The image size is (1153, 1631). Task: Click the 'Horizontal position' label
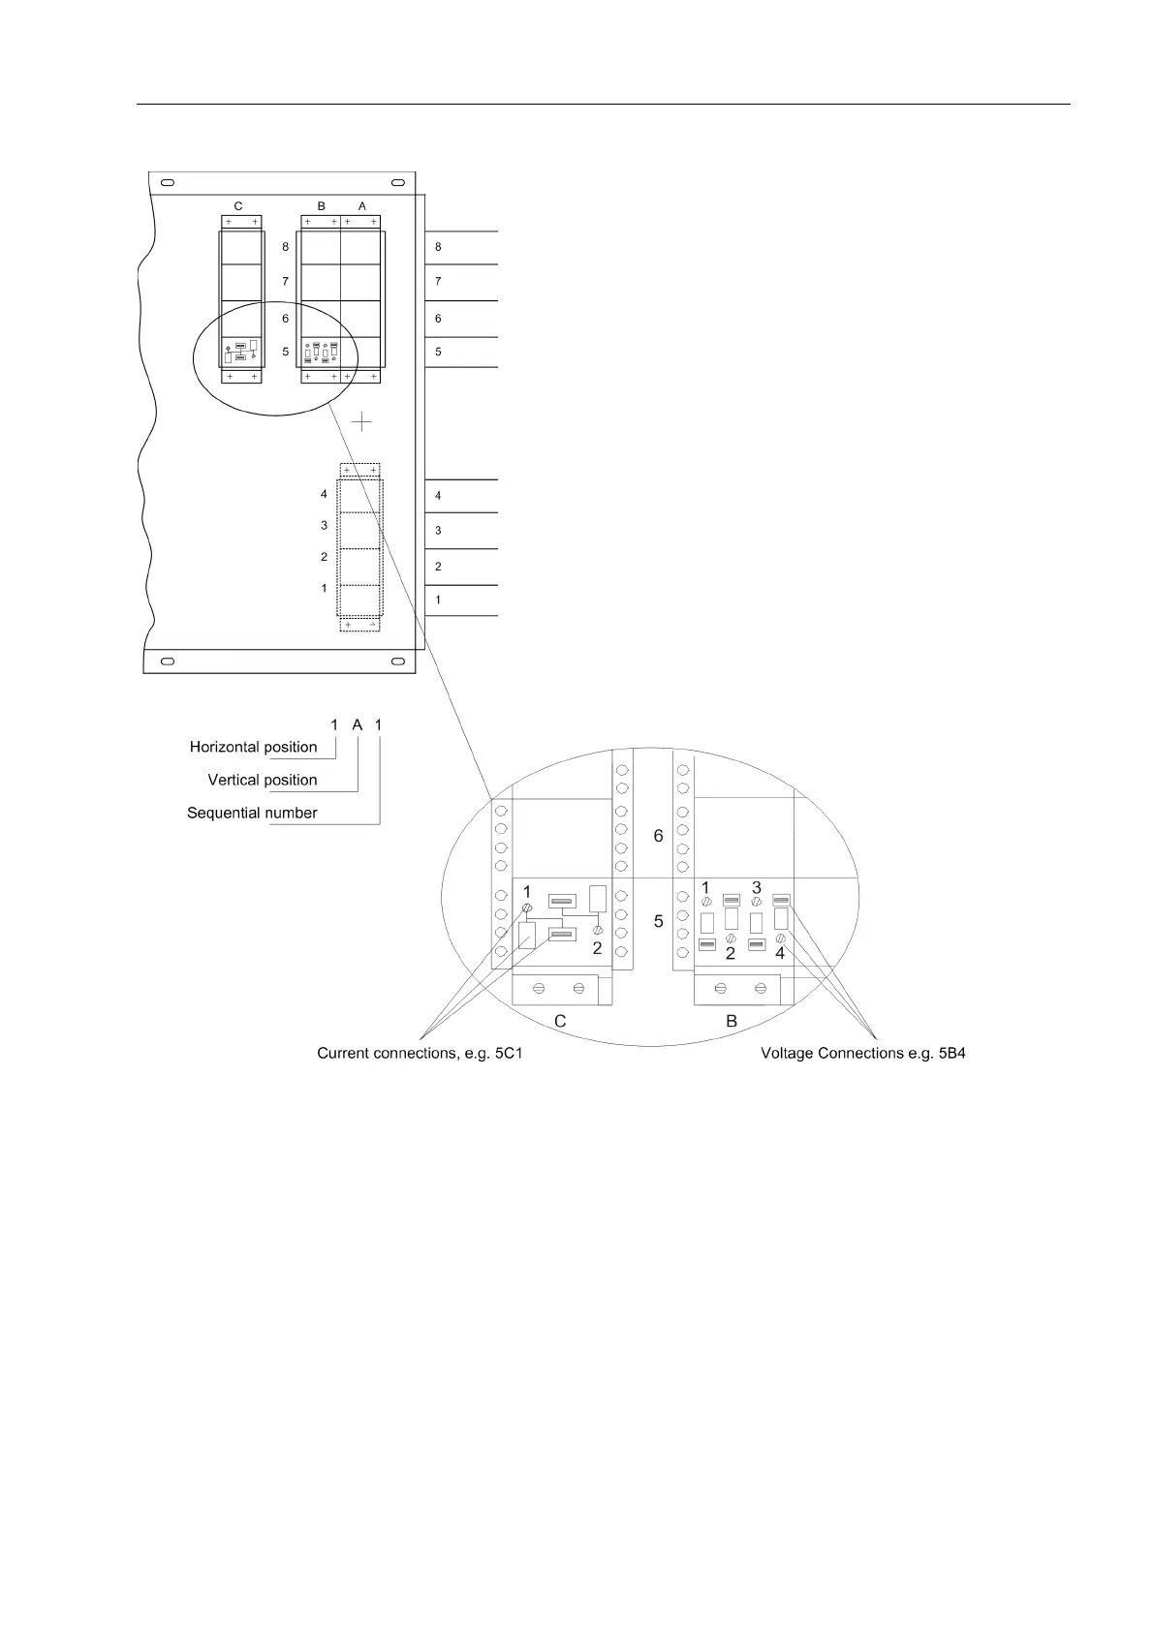click(x=253, y=747)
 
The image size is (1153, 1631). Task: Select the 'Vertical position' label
click(x=262, y=780)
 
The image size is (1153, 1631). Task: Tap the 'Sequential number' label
click(x=252, y=813)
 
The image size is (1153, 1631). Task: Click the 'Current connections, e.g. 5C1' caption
click(x=420, y=1053)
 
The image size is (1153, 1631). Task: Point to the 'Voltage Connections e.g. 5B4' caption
click(x=862, y=1053)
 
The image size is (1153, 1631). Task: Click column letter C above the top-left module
click(x=238, y=206)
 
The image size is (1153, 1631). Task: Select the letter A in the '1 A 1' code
click(x=357, y=724)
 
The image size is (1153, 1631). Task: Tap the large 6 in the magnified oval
click(x=658, y=836)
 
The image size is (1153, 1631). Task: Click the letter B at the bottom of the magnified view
click(x=732, y=1021)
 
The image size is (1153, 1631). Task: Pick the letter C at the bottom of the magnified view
click(x=560, y=1021)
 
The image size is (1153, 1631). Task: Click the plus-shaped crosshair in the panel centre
click(x=361, y=421)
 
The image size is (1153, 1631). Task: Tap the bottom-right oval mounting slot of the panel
click(x=397, y=662)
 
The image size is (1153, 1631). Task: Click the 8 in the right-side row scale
click(x=438, y=248)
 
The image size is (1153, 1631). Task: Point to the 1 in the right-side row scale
click(x=438, y=600)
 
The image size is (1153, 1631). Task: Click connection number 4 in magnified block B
click(x=780, y=953)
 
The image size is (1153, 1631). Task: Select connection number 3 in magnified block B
click(x=757, y=887)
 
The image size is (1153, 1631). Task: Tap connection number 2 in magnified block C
click(x=597, y=948)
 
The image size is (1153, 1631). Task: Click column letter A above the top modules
click(x=362, y=206)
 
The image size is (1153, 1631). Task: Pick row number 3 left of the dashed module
click(x=325, y=526)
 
